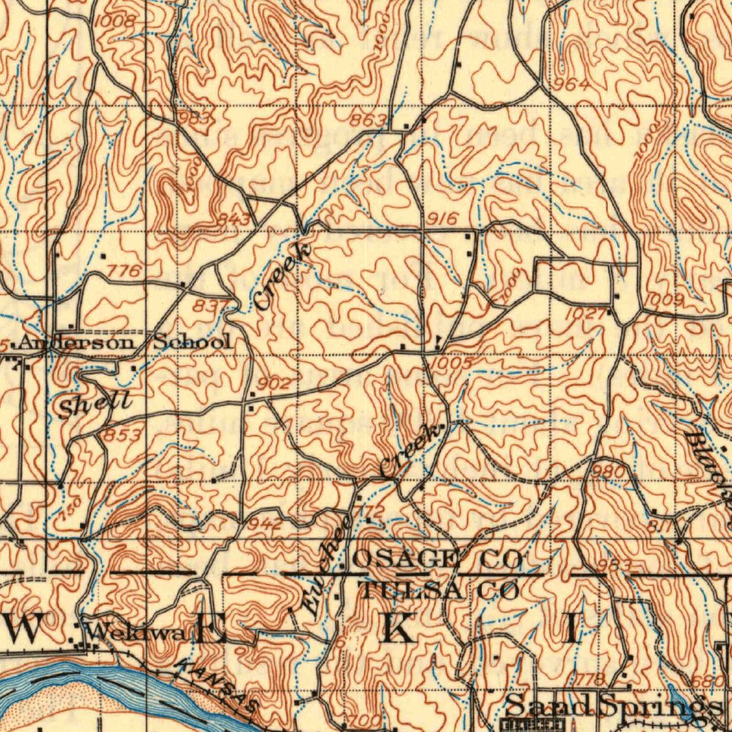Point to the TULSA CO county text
click(439, 591)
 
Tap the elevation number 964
click(573, 84)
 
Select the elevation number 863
click(370, 119)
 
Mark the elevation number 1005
click(452, 363)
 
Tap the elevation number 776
click(123, 271)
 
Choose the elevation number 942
click(264, 524)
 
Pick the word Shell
click(94, 405)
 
